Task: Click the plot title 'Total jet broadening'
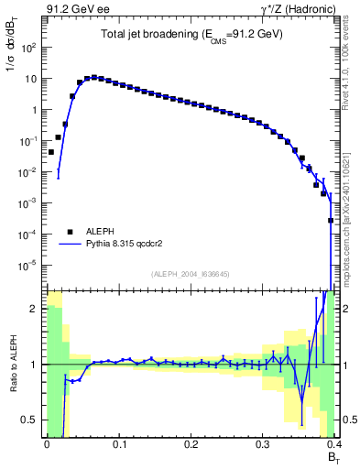point(191,34)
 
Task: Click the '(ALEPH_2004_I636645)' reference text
point(191,274)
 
